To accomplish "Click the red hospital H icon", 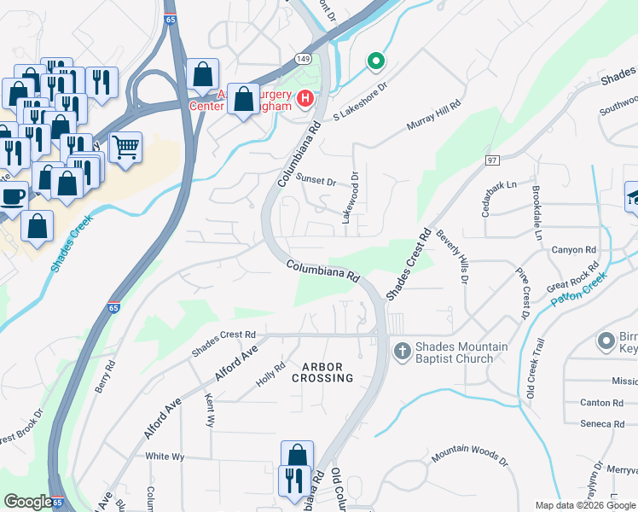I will [304, 102].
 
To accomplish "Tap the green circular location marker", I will [374, 61].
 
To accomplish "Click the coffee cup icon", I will [12, 195].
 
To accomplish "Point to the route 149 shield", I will [304, 58].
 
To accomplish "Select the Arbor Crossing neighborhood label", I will [322, 372].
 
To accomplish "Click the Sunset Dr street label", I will [316, 180].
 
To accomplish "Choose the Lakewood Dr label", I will [351, 197].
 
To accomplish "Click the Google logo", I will [28, 502].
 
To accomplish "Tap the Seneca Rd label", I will [602, 423].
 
